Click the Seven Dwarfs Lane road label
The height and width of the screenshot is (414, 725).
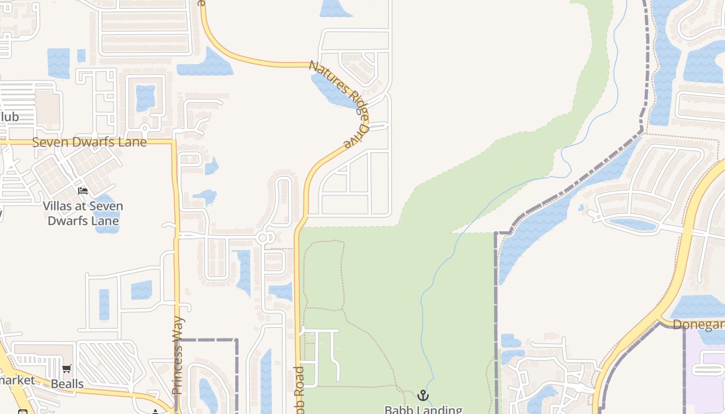coord(90,142)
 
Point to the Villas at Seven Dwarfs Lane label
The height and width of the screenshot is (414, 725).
coord(83,213)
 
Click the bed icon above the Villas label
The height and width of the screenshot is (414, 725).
coord(83,191)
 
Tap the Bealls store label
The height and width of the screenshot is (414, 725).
coord(67,384)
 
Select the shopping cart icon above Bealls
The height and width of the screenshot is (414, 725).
coord(66,369)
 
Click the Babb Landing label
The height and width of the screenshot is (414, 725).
coord(423,410)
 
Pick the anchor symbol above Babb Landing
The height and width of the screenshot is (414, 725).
coord(423,395)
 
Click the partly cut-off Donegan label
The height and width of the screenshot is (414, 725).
coord(699,324)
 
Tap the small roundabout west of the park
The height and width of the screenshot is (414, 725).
coord(263,238)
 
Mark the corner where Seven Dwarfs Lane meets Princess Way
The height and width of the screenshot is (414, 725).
coord(175,141)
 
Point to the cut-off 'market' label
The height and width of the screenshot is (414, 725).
coord(17,380)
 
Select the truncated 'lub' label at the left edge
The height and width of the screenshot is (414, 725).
coord(9,117)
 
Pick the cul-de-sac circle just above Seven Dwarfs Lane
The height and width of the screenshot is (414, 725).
coord(145,128)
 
